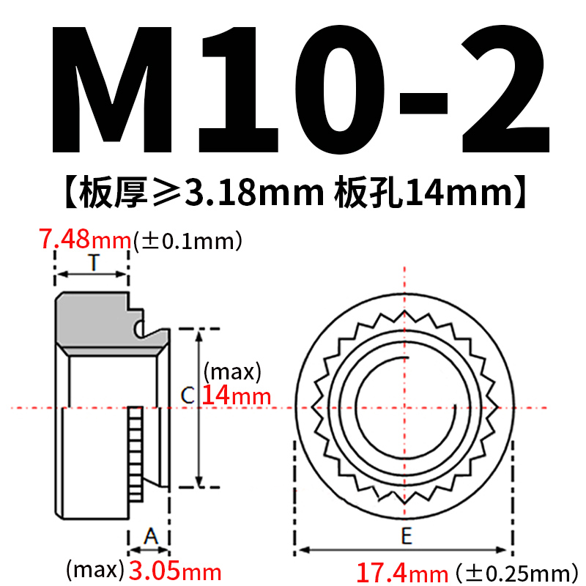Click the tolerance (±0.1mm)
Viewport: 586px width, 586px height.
point(187,242)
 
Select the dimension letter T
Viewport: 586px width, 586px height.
point(93,262)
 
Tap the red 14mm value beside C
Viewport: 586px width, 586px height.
point(236,396)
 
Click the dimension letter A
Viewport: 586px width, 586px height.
point(149,537)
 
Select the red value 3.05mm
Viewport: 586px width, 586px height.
point(175,570)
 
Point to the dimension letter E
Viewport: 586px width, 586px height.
point(405,536)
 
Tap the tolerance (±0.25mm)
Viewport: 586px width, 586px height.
point(512,572)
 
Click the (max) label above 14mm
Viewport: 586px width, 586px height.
point(231,372)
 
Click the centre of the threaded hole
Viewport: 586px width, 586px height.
point(404,407)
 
